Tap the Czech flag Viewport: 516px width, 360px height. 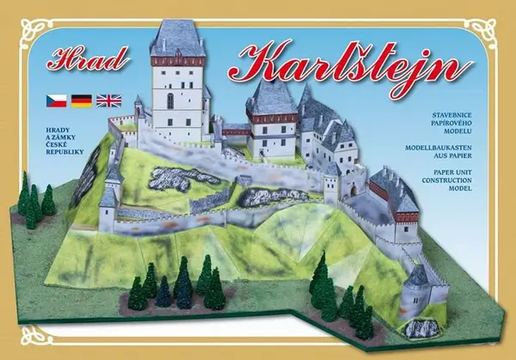click(x=56, y=101)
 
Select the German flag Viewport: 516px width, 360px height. click(x=82, y=101)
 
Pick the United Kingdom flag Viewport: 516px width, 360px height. click(x=108, y=101)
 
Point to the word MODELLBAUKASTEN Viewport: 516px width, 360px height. click(x=456, y=148)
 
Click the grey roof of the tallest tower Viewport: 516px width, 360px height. click(x=177, y=39)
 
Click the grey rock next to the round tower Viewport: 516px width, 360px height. click(x=421, y=328)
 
